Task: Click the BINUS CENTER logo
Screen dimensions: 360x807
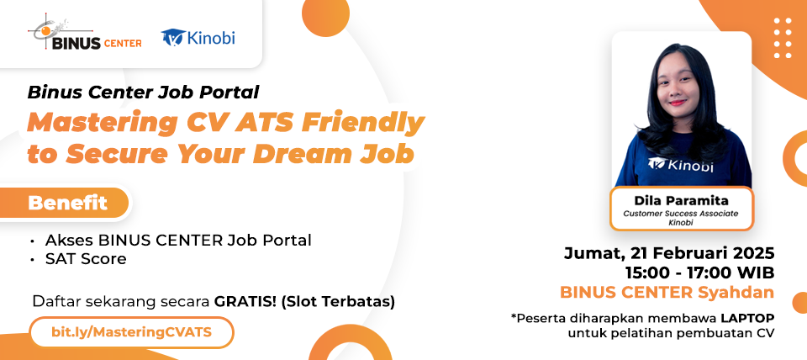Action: coord(84,35)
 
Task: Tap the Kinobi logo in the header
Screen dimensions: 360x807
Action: coord(198,38)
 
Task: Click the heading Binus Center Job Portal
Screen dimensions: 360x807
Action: coord(143,92)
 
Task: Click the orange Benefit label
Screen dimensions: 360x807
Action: coord(68,203)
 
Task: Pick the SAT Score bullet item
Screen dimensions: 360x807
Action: coord(86,259)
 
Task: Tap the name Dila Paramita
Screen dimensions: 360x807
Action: coord(681,201)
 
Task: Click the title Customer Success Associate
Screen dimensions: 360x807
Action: coord(681,214)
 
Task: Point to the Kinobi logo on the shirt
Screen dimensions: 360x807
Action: coord(682,166)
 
